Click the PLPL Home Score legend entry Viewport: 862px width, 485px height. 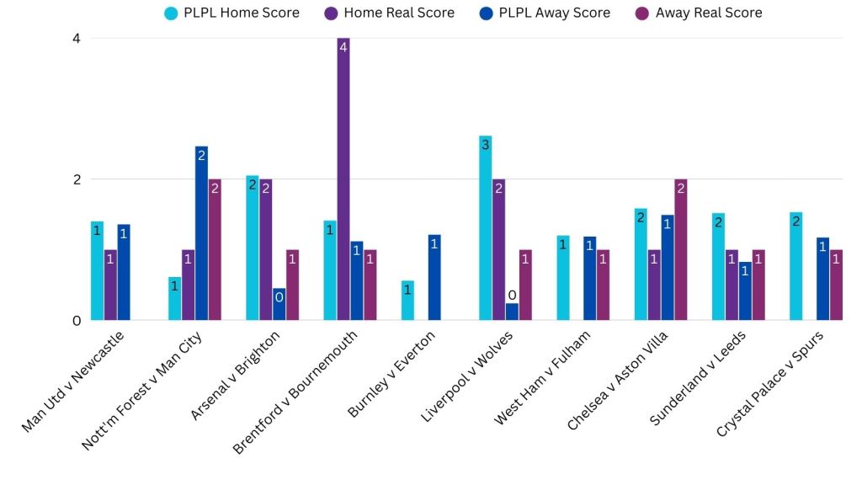[231, 13]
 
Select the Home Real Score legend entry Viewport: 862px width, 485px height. [387, 13]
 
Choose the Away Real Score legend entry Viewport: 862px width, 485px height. [698, 13]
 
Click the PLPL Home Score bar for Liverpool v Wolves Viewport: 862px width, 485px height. [485, 228]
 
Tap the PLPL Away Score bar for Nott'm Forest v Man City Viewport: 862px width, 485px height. [201, 233]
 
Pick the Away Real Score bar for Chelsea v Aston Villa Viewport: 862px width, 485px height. [680, 250]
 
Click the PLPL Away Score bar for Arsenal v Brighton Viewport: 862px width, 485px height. [279, 305]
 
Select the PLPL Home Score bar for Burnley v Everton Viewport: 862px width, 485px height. [407, 301]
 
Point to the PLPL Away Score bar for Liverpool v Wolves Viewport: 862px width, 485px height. [512, 312]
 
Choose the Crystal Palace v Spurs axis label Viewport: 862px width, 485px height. [770, 383]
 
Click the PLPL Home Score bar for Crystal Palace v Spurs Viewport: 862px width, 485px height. [795, 266]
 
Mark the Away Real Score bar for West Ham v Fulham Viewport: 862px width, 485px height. [603, 285]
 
